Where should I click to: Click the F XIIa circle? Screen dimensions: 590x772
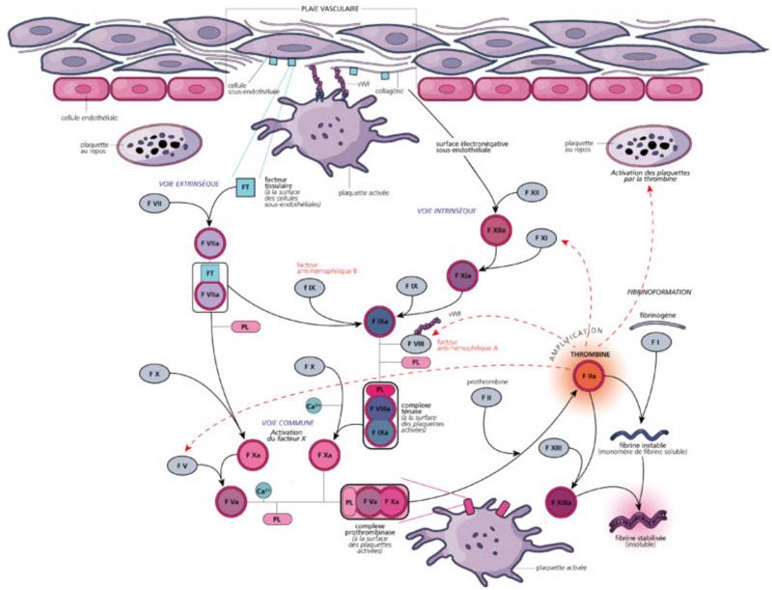pyautogui.click(x=496, y=231)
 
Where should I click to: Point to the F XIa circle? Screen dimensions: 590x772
pyautogui.click(x=461, y=276)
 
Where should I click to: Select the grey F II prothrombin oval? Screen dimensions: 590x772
pyautogui.click(x=488, y=398)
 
